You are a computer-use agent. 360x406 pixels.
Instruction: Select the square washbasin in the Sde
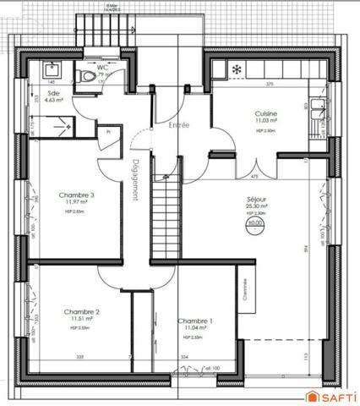pos(50,67)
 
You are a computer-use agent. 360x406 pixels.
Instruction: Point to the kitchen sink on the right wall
pos(319,107)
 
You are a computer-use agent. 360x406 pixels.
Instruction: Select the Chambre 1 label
pos(194,321)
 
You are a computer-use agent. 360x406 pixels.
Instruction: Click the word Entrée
pos(178,126)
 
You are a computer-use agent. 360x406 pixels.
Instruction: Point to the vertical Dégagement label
pos(136,179)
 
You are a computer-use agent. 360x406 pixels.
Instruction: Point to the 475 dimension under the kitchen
pos(254,175)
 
